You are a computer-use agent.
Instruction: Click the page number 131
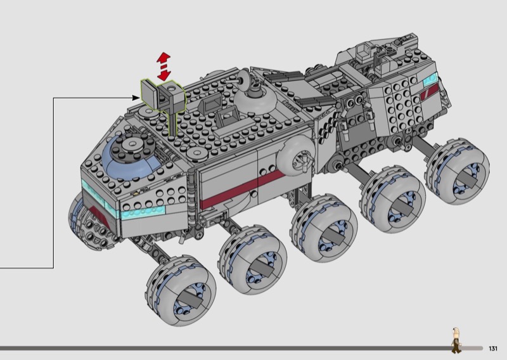tap(493, 349)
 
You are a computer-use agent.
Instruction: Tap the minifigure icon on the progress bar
tap(456, 340)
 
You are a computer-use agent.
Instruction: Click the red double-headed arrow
tap(164, 67)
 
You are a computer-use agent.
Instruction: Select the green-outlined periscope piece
tap(163, 103)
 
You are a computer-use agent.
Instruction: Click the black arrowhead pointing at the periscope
tap(136, 98)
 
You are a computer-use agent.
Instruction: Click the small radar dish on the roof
tap(244, 77)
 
